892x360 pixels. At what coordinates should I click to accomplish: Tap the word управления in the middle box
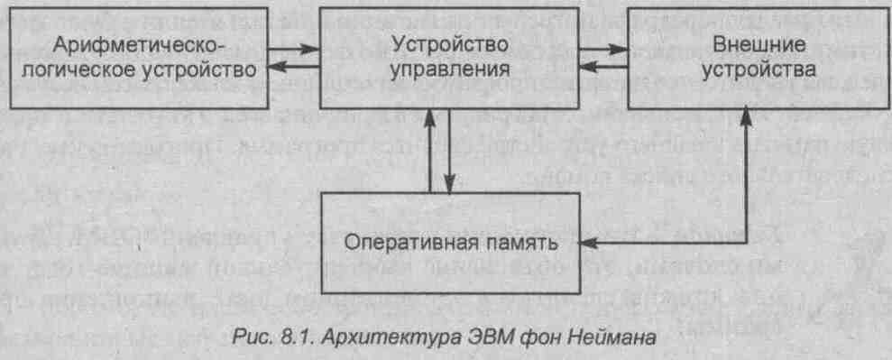coord(449,70)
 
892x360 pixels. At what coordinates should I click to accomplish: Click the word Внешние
coord(759,45)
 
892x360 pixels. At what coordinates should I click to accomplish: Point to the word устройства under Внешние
coord(759,70)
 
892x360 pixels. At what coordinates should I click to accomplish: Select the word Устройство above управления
coord(449,45)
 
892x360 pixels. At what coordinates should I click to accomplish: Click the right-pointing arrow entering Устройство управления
coord(293,50)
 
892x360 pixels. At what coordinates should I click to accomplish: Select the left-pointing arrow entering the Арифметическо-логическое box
coord(293,67)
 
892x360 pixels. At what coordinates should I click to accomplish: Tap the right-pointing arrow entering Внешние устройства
coord(603,50)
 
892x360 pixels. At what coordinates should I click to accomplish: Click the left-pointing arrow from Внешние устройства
coord(603,67)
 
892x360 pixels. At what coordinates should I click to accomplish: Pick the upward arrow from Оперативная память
coord(430,150)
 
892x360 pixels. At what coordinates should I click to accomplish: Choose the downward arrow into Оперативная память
coord(449,150)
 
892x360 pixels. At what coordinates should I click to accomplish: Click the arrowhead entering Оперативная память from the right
coord(587,243)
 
